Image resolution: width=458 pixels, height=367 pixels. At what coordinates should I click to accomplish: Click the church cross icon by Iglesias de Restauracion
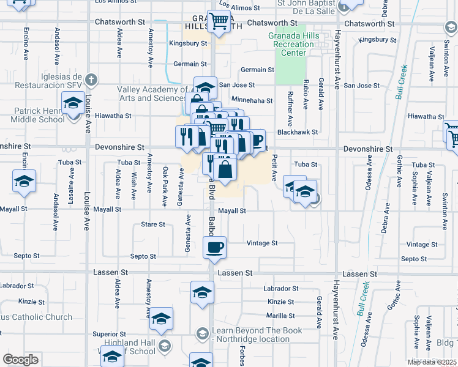click(91, 80)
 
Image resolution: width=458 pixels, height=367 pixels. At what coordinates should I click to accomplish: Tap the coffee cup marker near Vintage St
click(215, 248)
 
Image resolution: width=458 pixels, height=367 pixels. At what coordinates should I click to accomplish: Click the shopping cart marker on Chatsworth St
click(218, 21)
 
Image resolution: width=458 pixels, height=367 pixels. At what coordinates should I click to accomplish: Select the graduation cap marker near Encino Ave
click(24, 182)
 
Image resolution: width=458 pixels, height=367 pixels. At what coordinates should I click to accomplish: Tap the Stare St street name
click(153, 224)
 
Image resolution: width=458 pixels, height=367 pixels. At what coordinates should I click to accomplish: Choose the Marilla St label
click(280, 316)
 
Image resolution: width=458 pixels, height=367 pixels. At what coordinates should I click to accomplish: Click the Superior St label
click(109, 334)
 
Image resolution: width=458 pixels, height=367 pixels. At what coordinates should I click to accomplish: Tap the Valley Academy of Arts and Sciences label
click(152, 94)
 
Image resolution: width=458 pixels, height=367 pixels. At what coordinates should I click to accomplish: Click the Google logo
click(20, 360)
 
